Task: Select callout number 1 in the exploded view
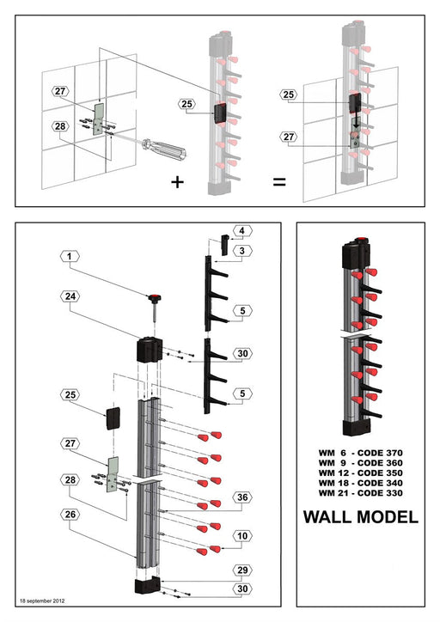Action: (x=70, y=257)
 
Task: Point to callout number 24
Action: (x=70, y=296)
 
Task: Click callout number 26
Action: (x=70, y=513)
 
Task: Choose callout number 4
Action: (x=242, y=231)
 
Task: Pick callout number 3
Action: (x=242, y=250)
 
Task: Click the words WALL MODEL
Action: (x=360, y=517)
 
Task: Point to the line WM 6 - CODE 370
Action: (x=360, y=452)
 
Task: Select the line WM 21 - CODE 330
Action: (x=360, y=493)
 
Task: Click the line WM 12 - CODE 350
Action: (x=360, y=473)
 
